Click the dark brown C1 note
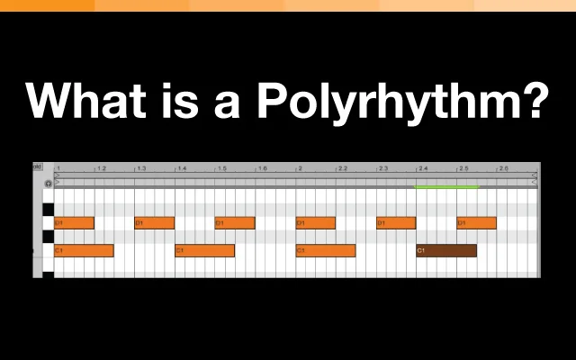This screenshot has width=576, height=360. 446,250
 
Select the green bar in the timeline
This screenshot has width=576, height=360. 446,186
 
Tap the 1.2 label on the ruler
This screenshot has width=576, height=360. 101,168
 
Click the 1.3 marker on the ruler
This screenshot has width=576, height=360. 140,168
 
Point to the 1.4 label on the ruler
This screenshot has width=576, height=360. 181,168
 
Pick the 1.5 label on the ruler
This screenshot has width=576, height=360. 221,168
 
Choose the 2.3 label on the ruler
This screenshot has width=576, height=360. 382,168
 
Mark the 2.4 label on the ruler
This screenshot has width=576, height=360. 422,168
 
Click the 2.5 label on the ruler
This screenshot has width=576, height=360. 463,168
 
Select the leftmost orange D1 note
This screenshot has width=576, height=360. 74,222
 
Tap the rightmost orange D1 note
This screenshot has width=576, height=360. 476,222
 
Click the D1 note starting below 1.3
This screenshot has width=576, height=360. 154,222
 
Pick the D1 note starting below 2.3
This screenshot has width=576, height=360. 396,222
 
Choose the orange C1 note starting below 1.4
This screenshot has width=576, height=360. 204,250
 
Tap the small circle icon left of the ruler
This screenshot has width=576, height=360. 49,184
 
